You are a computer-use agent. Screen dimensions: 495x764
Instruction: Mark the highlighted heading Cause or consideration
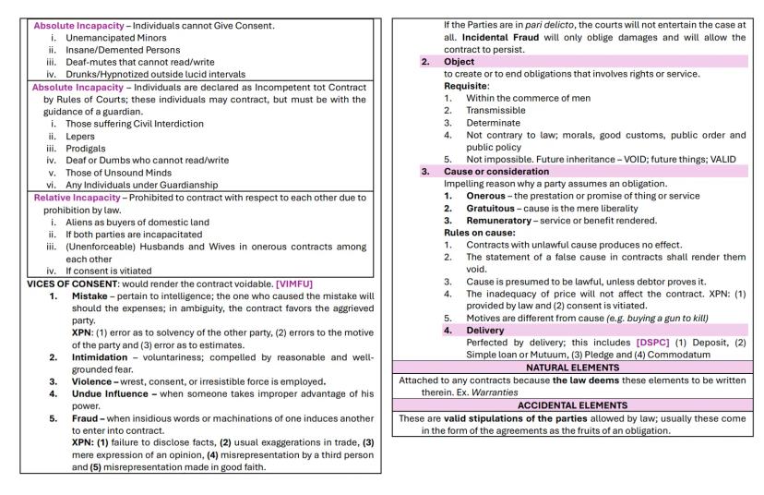pos(496,172)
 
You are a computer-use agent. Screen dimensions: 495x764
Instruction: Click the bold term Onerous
pos(484,196)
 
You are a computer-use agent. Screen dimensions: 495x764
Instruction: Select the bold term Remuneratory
pos(498,221)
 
